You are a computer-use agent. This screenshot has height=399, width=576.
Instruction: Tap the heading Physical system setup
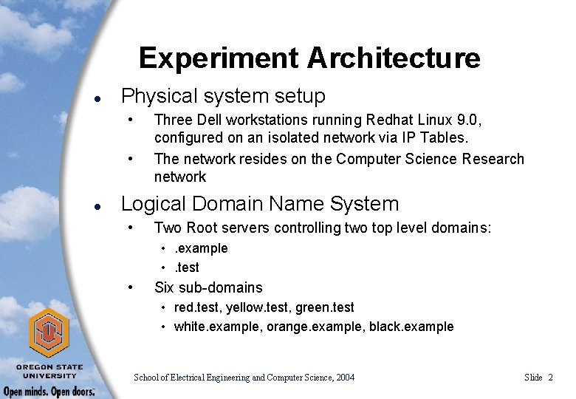coord(223,95)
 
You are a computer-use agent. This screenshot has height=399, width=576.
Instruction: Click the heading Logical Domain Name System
coord(259,203)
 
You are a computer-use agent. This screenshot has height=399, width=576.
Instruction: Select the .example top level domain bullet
coord(201,248)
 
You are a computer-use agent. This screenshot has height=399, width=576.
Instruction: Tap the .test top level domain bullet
coord(186,267)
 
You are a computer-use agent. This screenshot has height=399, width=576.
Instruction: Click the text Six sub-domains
coord(208,287)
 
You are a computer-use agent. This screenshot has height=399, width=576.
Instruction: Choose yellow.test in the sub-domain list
coord(252,307)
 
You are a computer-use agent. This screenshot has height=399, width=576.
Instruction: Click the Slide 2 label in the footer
coord(538,378)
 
